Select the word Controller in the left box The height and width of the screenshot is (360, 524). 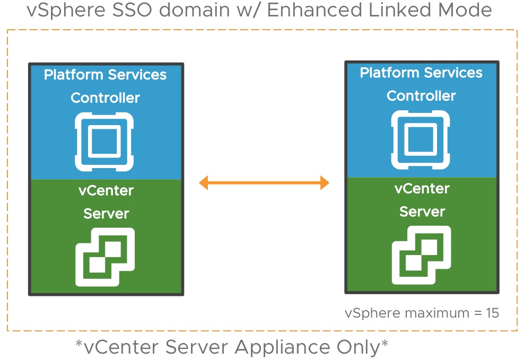click(x=105, y=98)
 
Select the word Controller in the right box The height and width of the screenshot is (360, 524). click(x=421, y=96)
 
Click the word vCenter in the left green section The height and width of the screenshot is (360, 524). click(x=105, y=191)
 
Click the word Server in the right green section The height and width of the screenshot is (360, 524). click(x=422, y=212)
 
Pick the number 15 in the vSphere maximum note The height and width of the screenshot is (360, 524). click(x=492, y=313)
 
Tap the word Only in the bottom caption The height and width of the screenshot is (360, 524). click(x=361, y=347)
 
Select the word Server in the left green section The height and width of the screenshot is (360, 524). click(x=106, y=214)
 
